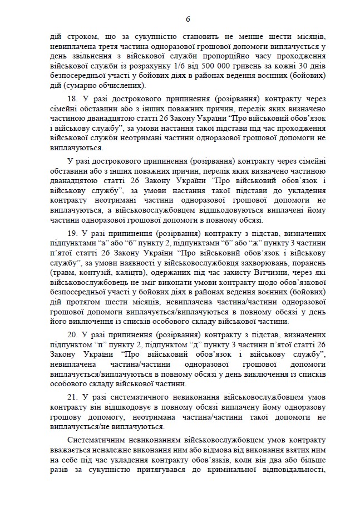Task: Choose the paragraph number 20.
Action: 72,336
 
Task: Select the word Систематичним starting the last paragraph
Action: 95,440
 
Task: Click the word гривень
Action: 240,67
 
